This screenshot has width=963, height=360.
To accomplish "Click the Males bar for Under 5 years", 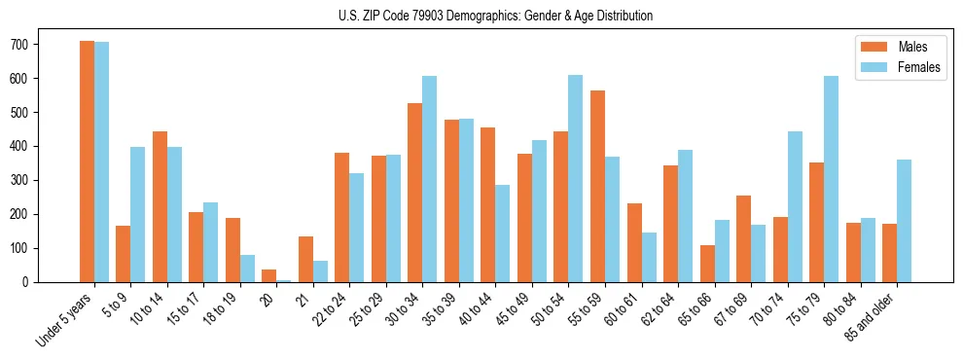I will pos(87,162).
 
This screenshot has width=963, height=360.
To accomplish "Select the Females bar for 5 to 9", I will pos(138,214).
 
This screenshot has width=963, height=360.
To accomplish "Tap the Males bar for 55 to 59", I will pos(597,186).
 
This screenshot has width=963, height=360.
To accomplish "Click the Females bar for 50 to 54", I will pos(576,178).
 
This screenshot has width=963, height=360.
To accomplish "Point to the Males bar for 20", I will pos(269,275).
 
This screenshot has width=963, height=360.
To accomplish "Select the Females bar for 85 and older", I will pos(904,221).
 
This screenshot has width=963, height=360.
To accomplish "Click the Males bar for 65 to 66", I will pos(707,264).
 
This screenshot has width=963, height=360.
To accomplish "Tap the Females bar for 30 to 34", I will pos(430,179).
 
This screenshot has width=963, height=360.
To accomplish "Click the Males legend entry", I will pos(894,47).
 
